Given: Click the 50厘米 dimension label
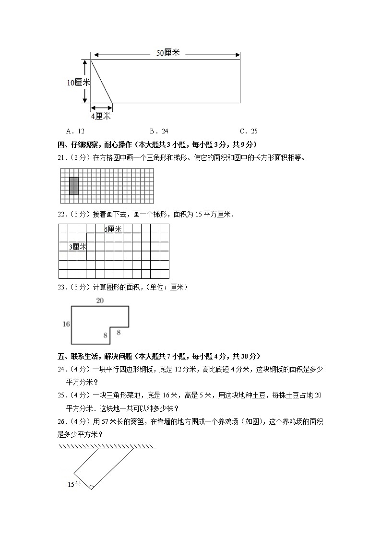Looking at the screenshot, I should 168,53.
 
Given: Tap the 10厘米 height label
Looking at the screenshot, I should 78,83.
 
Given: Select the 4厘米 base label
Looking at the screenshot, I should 101,116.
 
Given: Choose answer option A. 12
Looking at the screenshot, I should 75,131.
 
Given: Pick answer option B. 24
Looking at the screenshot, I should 159,131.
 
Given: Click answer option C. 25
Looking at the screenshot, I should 249,131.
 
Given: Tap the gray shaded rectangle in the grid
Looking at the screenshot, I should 74,186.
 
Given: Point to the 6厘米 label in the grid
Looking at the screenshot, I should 113,229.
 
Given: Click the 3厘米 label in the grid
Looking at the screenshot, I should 77,247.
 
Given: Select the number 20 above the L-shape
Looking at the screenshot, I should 100,301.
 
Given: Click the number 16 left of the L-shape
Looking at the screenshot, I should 66,324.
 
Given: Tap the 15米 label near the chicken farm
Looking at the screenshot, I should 74,484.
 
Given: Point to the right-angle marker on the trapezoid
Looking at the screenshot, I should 91,487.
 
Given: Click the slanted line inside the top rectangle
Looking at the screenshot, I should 102,81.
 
